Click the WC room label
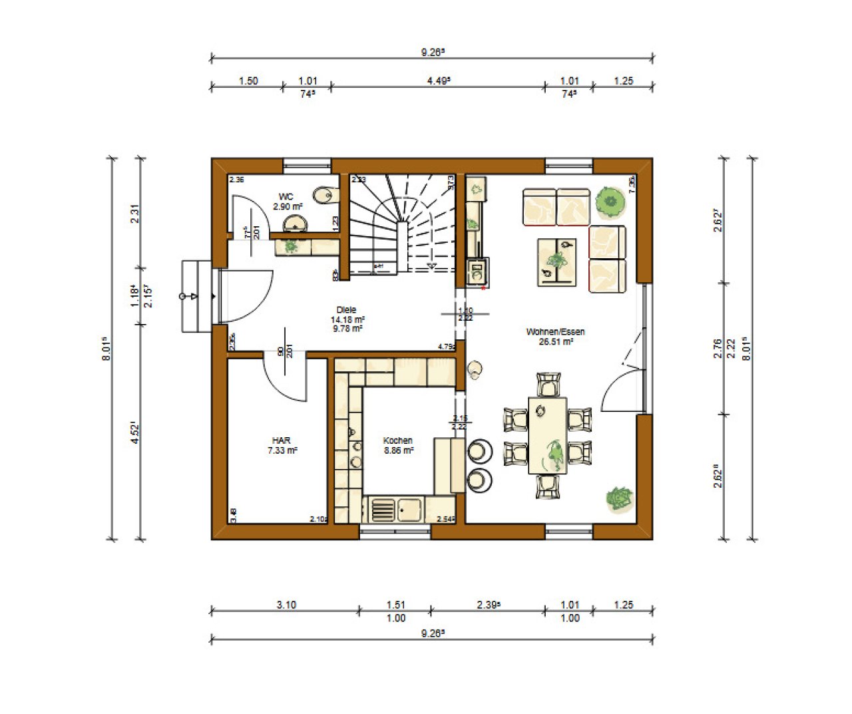point(286,197)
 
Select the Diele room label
point(346,310)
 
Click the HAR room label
point(281,441)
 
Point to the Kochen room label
point(397,441)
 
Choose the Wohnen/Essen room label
point(555,331)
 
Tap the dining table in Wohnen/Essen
point(548,435)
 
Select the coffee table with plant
point(557,262)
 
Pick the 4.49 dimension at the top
point(438,81)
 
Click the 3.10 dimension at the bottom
point(286,605)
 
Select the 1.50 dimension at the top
point(248,81)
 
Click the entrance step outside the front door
point(196,296)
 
